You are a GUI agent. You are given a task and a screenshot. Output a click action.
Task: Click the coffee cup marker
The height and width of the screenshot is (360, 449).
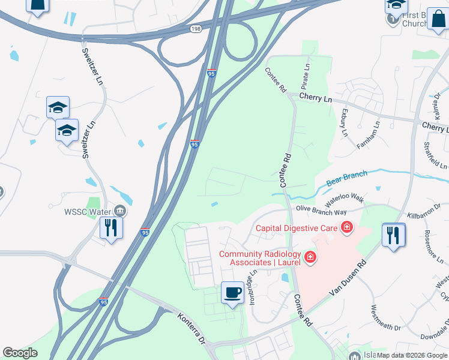[233, 293]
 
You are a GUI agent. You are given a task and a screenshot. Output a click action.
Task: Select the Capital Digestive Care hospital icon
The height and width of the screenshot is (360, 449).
[346, 227]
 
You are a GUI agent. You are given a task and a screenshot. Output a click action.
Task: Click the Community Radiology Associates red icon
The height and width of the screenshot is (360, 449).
[310, 258]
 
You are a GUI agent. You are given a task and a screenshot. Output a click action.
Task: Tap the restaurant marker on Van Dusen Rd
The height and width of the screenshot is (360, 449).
[393, 234]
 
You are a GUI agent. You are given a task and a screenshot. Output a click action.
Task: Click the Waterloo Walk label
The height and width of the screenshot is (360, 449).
[345, 197]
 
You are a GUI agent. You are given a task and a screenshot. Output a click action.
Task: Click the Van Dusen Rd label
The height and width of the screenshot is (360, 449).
[348, 277]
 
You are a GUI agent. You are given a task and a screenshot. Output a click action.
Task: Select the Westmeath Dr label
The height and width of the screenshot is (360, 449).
[385, 318]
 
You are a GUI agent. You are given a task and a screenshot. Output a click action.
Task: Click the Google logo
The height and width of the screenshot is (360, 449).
[20, 353]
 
